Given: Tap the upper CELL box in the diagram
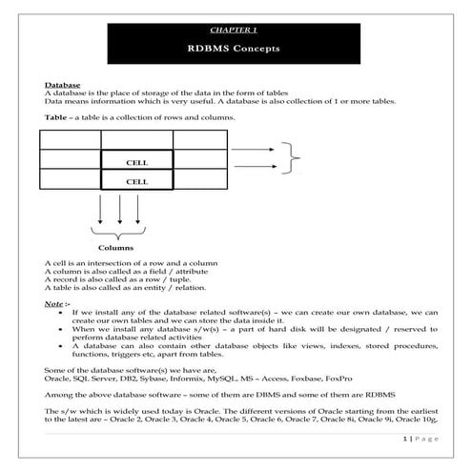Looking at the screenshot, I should pyautogui.click(x=136, y=161).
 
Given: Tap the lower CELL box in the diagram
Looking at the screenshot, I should pyautogui.click(x=136, y=180).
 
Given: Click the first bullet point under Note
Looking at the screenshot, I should pyautogui.click(x=62, y=312).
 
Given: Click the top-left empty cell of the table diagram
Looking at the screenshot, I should pyautogui.click(x=71, y=139).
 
